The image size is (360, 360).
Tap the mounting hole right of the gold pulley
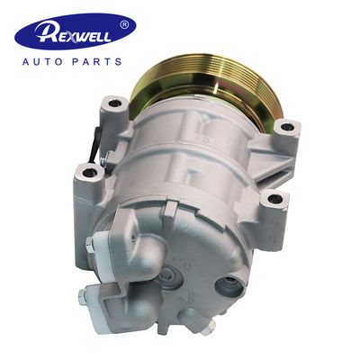click(288, 126)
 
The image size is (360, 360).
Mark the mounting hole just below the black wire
click(90, 171)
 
